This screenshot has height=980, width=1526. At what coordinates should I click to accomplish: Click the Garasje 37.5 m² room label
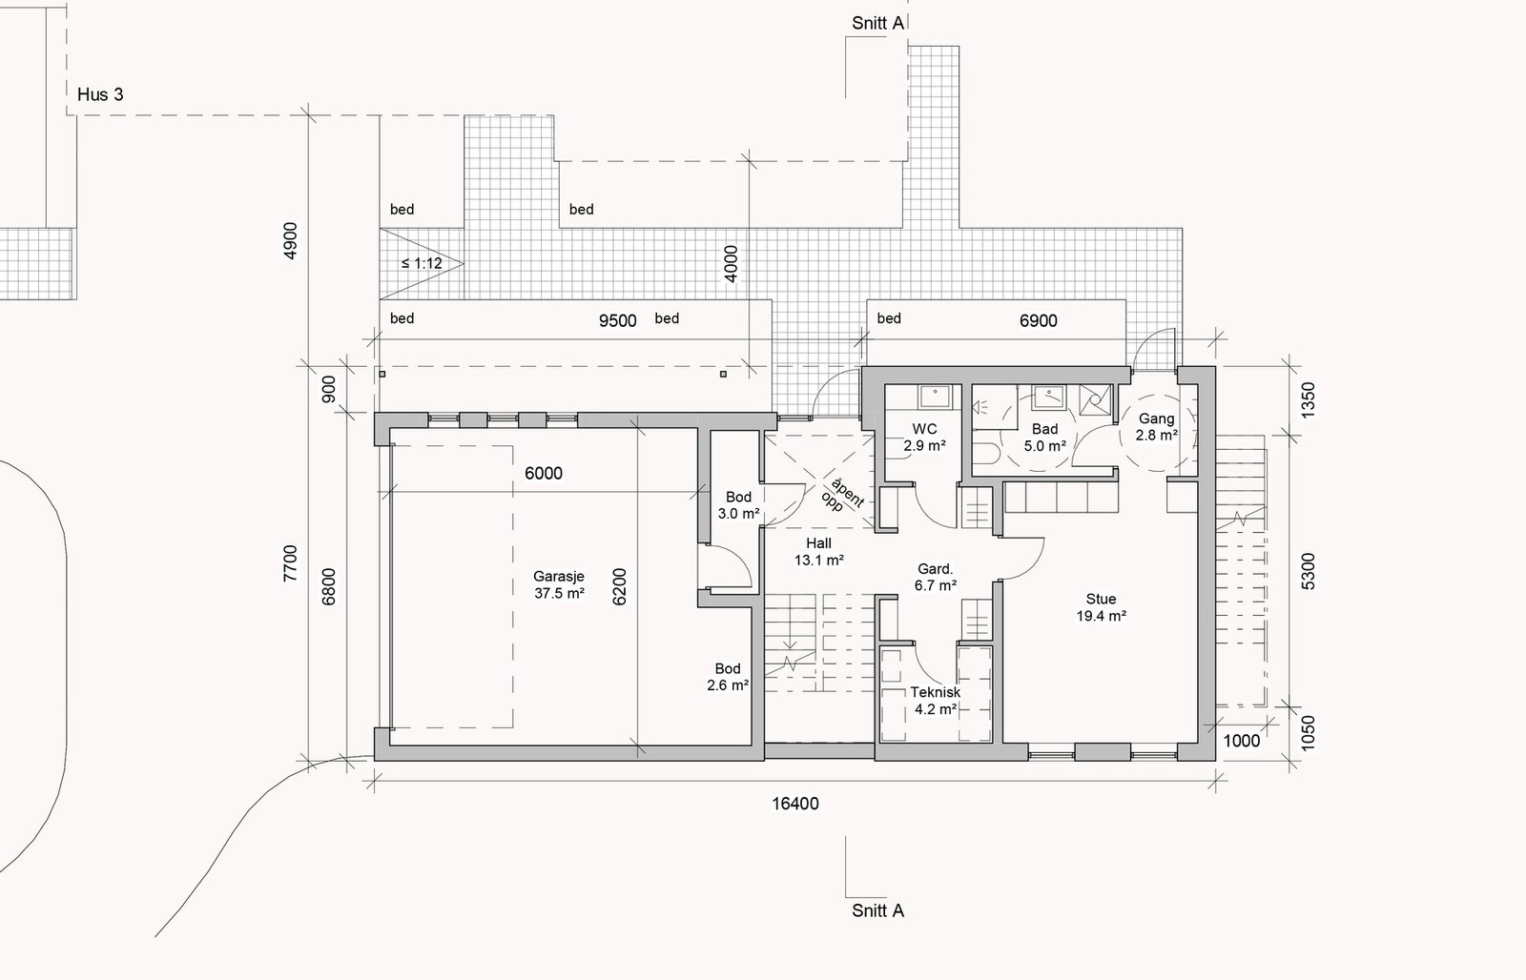(559, 585)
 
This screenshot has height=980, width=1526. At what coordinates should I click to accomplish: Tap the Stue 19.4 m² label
(1101, 607)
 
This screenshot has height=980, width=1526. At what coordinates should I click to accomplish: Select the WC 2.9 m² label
(924, 438)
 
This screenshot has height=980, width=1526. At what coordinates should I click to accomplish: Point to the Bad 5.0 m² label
(1044, 438)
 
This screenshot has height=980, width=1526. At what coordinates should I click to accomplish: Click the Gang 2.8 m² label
(1156, 426)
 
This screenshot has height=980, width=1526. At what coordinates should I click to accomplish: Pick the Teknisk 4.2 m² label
(936, 700)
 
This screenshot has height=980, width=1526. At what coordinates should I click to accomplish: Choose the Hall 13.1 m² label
(819, 552)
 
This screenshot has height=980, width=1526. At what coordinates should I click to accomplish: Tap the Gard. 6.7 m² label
(936, 577)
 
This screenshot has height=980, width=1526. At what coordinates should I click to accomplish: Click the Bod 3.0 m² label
(738, 505)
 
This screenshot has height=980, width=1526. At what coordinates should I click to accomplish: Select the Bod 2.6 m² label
(728, 677)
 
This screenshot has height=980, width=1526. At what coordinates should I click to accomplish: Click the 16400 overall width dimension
(795, 804)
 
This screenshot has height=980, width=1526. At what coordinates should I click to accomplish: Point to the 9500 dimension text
(617, 320)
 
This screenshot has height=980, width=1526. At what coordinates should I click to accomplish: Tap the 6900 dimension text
(1039, 320)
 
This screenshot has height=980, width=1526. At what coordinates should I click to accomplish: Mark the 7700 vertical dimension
(290, 563)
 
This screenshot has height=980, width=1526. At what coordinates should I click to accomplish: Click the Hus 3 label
(100, 94)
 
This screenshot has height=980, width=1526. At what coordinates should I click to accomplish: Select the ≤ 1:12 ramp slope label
(422, 263)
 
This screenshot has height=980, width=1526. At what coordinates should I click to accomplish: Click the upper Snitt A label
(877, 23)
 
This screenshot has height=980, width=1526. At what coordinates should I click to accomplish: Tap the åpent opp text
(842, 497)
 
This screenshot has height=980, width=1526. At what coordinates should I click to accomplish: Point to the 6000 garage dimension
(544, 473)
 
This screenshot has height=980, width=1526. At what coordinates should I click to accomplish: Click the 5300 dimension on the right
(1308, 571)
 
